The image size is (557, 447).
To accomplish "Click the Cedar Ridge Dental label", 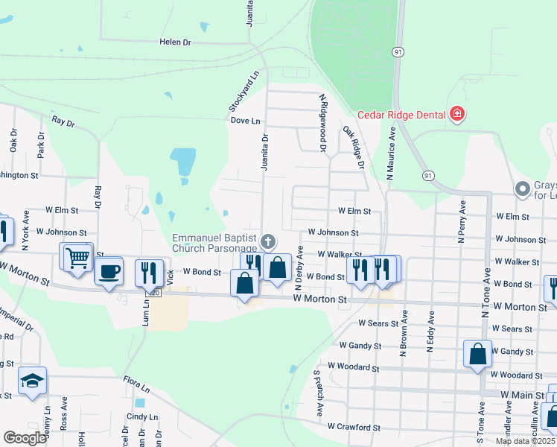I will pyautogui.click(x=401, y=115).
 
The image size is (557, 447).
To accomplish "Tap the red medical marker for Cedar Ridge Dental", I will pyautogui.click(x=456, y=115).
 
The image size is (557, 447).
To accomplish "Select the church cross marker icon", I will pyautogui.click(x=268, y=241).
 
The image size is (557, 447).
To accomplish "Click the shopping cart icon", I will pyautogui.click(x=77, y=258).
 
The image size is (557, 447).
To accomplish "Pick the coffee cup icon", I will pyautogui.click(x=109, y=270).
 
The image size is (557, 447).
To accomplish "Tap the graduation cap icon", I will pyautogui.click(x=31, y=381).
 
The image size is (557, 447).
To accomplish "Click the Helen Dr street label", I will pyautogui.click(x=175, y=42).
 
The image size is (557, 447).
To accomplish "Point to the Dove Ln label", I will pyautogui.click(x=245, y=121).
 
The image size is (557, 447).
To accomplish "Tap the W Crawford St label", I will pyautogui.click(x=355, y=428).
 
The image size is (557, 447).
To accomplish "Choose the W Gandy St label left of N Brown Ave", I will pyautogui.click(x=360, y=346).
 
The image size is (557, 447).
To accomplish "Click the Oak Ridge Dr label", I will pyautogui.click(x=353, y=146).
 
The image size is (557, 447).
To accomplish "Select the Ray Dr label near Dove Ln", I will pyautogui.click(x=64, y=121).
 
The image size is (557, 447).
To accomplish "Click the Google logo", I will pyautogui.click(x=24, y=438).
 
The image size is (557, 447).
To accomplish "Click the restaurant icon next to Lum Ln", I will pyautogui.click(x=149, y=273).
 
